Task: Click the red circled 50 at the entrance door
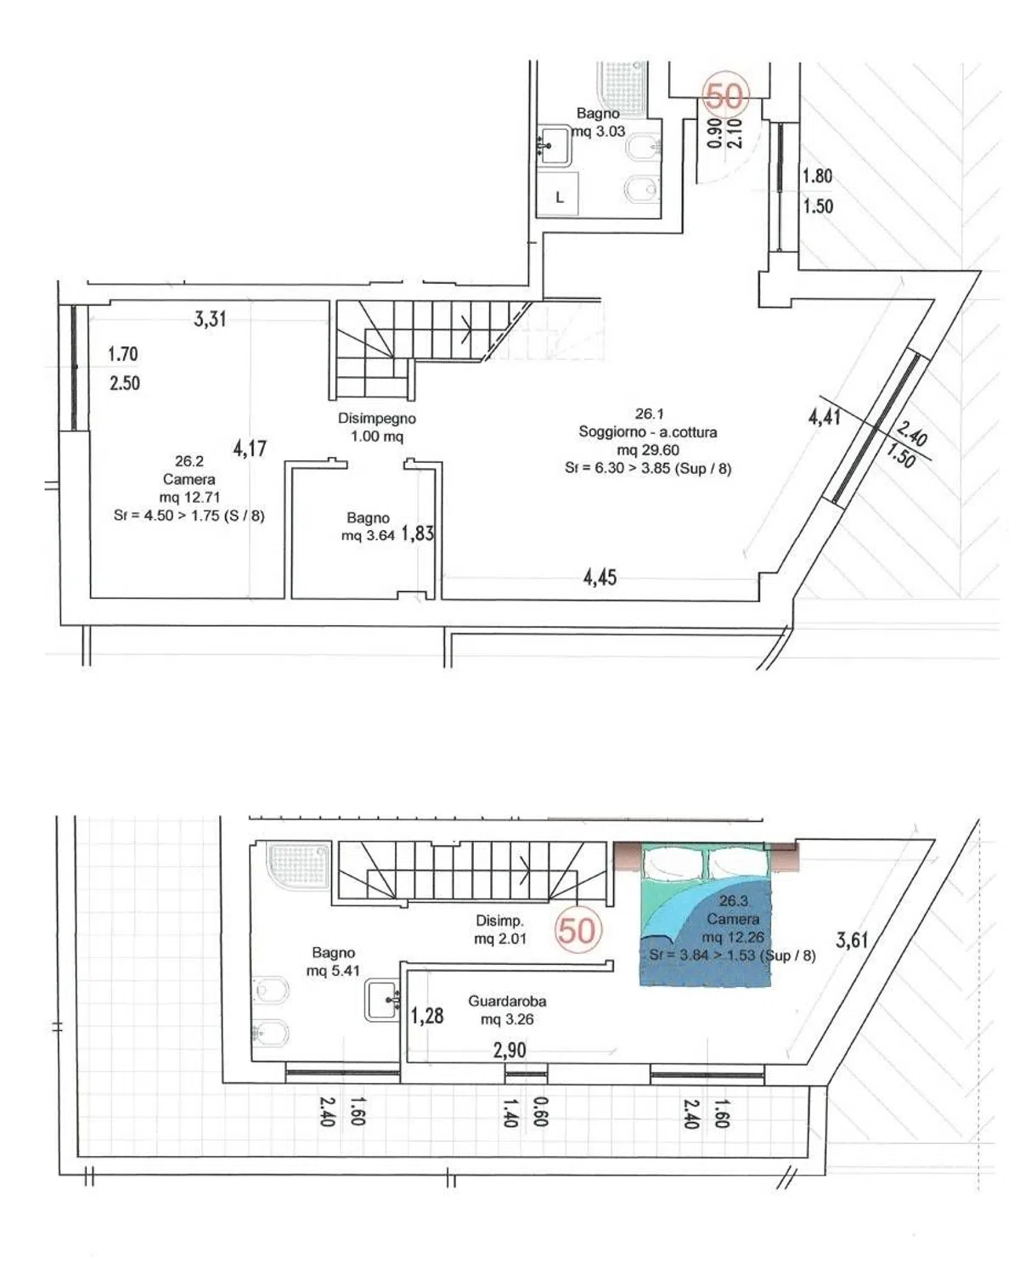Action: point(724,96)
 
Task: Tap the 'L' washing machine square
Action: point(558,194)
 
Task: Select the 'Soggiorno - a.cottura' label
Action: point(648,431)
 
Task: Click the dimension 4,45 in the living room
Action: point(600,578)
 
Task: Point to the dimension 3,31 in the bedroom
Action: point(210,318)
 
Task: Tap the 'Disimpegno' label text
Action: point(377,418)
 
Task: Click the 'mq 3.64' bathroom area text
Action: point(368,535)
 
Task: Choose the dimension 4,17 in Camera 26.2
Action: point(250,448)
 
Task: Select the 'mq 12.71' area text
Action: point(189,497)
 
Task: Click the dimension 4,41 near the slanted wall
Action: point(825,416)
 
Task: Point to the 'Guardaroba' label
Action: point(507,1001)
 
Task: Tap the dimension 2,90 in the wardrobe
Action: point(510,1051)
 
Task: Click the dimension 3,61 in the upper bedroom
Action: point(852,940)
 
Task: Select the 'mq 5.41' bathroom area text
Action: point(333,970)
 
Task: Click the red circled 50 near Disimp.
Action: point(577,931)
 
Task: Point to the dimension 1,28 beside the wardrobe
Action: point(427,1015)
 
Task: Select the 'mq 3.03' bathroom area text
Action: point(599,131)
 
